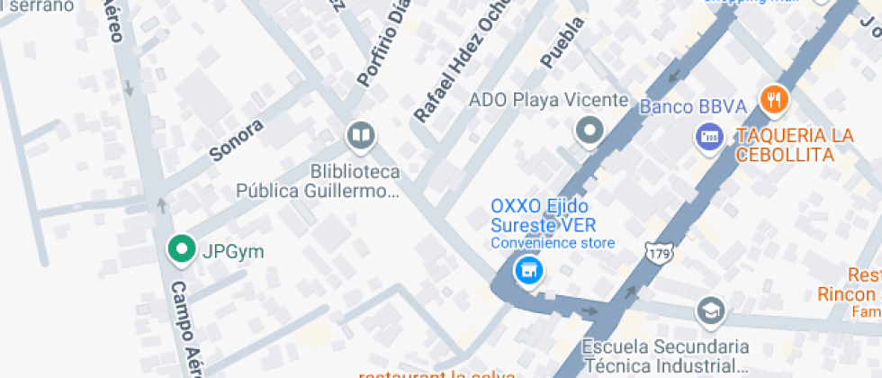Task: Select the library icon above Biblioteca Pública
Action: (360, 137)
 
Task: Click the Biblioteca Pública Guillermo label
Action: (318, 181)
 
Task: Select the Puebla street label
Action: (563, 42)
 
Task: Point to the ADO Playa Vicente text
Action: (548, 100)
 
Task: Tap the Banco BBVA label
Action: (693, 107)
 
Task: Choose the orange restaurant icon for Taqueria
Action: (774, 100)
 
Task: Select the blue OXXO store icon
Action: (528, 269)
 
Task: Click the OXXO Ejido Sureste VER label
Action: (544, 215)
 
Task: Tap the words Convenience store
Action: (553, 243)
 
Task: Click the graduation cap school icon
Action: (711, 311)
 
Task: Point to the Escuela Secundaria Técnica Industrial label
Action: (665, 355)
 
